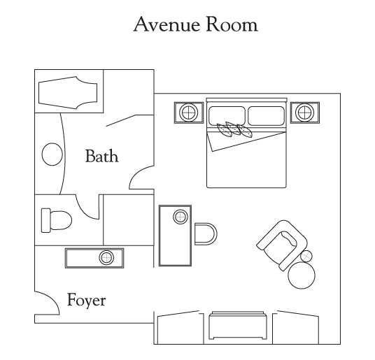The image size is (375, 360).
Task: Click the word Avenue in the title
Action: click(167, 24)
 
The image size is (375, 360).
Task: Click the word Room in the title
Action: click(232, 24)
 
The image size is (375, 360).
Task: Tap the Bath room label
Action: click(102, 156)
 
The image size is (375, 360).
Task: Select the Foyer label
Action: click(86, 301)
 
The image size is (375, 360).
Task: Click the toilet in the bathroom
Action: click(57, 220)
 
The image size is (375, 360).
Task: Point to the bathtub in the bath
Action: click(68, 93)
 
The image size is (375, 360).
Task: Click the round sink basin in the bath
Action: click(52, 154)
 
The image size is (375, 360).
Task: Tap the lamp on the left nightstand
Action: click(189, 113)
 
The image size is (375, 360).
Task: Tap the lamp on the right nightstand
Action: click(305, 113)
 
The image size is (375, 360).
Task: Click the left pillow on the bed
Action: click(227, 115)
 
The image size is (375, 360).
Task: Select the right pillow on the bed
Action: click(266, 115)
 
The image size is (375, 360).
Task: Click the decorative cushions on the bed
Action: click(234, 130)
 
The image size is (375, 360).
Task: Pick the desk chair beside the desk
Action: click(206, 234)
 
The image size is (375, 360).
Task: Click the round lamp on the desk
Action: click(181, 217)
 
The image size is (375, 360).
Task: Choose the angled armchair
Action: click(282, 245)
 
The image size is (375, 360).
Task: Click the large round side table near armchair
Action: click(302, 275)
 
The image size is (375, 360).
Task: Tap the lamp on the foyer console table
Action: click(106, 258)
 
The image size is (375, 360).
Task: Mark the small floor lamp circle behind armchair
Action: click(306, 256)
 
